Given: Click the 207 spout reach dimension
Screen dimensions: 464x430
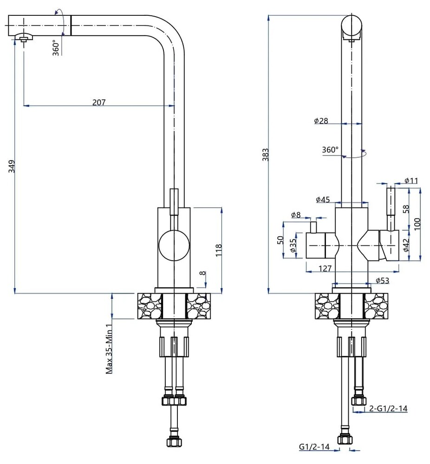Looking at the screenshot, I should [99, 103].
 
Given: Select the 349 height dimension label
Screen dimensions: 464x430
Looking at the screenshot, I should [12, 167].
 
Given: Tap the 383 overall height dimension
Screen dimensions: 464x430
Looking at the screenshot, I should [266, 154].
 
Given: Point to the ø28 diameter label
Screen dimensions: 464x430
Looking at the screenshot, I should [321, 121].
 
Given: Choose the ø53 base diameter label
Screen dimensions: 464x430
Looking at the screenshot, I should [382, 280].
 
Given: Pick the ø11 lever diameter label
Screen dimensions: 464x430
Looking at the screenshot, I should [411, 180].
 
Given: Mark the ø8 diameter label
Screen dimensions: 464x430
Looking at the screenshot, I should [296, 215].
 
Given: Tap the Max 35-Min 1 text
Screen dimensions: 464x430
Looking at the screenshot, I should [110, 348].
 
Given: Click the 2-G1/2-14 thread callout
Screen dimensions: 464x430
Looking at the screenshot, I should [388, 409].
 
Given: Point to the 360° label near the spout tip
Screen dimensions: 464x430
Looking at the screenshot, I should [56, 48].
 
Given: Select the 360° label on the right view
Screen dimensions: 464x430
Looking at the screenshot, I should [330, 150].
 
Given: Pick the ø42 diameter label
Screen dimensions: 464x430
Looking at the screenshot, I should [406, 245].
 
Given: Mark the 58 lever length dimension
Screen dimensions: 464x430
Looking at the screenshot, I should [406, 209].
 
